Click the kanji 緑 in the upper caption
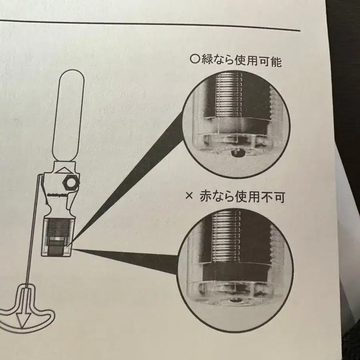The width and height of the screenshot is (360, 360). pos(207,61)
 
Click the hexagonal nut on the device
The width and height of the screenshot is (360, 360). pos(70,183)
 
